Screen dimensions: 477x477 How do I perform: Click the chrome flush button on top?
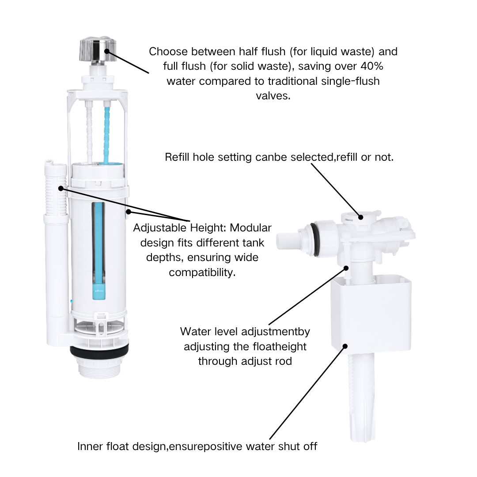(96, 50)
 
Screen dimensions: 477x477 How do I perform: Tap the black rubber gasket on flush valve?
(99, 350)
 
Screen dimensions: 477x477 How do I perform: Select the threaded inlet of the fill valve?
(288, 240)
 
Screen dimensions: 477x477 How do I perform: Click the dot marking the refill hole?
(361, 217)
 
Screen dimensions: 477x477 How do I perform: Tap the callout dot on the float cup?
(345, 346)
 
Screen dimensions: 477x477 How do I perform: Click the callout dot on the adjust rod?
(346, 268)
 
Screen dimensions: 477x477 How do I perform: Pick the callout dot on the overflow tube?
(61, 189)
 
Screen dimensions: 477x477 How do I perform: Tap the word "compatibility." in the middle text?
(202, 272)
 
